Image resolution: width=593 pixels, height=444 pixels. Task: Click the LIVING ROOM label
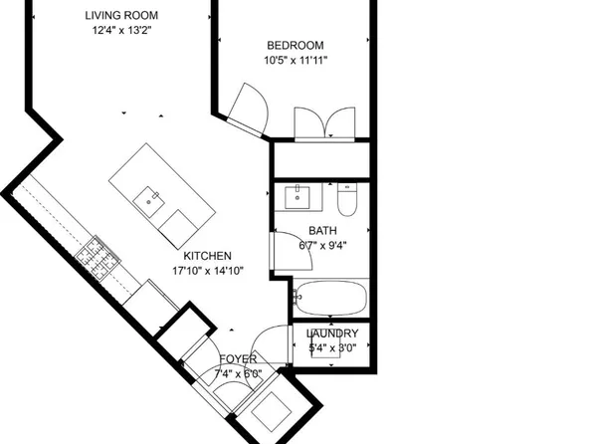121,16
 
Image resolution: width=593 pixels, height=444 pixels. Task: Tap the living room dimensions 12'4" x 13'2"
121,30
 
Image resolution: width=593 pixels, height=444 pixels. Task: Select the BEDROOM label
296,46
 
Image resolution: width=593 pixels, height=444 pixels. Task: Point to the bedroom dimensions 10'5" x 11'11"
296,60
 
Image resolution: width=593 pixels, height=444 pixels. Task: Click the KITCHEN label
207,256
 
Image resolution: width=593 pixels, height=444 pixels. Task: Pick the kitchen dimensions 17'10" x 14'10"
208,271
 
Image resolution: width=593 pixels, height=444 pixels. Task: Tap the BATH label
322,231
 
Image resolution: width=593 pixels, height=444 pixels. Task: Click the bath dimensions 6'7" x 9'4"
322,246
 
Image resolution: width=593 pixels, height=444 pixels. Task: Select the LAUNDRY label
332,333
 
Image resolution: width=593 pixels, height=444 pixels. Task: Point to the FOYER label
238,358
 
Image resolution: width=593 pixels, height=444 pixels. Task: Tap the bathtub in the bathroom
331,298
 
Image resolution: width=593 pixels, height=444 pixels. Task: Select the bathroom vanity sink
297,197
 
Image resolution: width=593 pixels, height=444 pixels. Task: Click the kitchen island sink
148,202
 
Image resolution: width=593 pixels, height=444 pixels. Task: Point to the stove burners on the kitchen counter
98,257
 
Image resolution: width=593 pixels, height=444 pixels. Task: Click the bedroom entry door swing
248,110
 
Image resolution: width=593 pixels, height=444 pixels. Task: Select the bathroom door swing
292,250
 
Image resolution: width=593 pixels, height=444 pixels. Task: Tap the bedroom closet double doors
324,124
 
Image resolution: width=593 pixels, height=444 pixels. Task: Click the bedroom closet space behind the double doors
321,159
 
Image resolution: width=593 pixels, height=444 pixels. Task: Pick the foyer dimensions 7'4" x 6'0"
238,374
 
